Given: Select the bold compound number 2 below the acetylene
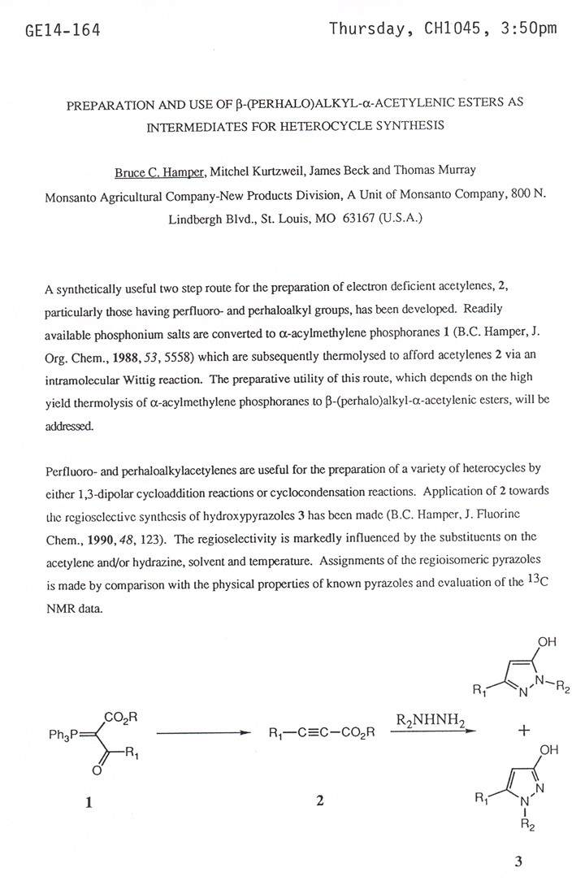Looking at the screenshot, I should tap(319, 802).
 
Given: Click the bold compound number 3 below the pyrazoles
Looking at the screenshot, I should tap(518, 861).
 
